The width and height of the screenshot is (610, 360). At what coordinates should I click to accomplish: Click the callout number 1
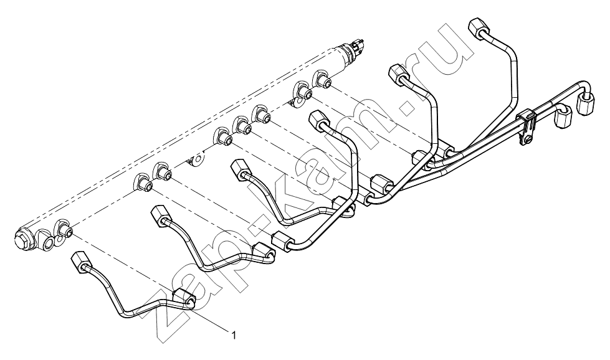click(234, 334)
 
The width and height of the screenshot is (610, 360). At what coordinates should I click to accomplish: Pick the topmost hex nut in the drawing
click(478, 28)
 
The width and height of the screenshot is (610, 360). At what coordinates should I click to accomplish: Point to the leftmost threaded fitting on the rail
click(64, 229)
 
